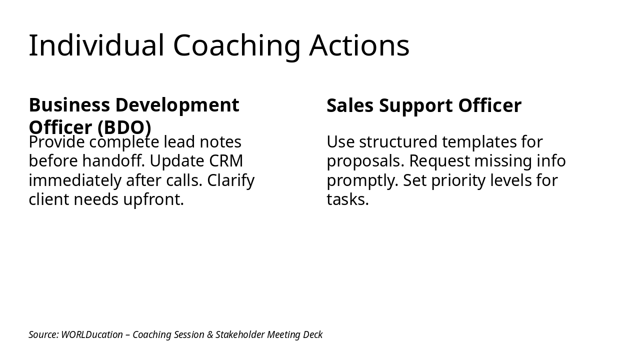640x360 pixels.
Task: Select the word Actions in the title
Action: (359, 45)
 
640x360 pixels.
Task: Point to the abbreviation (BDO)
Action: (124, 127)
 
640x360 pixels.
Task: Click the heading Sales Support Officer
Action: (423, 106)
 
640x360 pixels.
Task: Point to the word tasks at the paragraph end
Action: (347, 199)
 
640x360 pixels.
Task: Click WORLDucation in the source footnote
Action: (91, 334)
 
